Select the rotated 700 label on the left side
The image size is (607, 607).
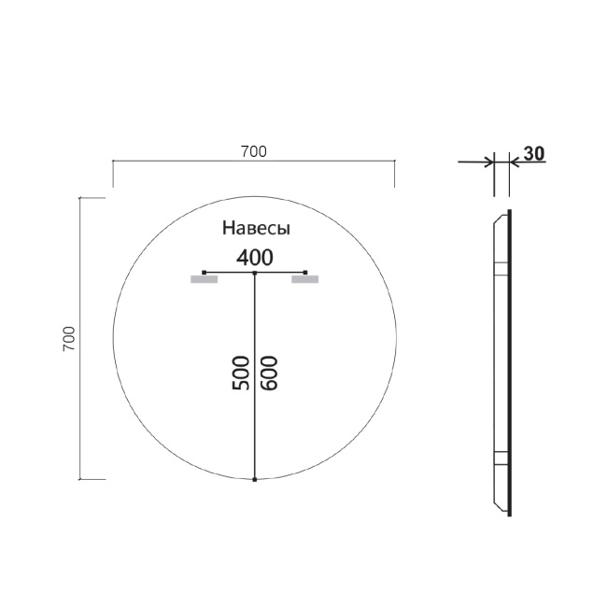click(x=68, y=339)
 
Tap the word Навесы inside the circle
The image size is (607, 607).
click(x=256, y=228)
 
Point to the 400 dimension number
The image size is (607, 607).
click(x=254, y=257)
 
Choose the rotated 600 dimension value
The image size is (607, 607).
click(x=270, y=374)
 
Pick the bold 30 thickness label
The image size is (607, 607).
click(x=534, y=154)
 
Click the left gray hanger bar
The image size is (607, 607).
click(x=204, y=278)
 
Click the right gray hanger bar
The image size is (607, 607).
click(x=304, y=278)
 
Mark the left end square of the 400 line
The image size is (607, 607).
click(x=205, y=273)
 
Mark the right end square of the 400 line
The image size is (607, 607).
click(x=305, y=273)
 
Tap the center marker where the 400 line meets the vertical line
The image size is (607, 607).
click(x=255, y=273)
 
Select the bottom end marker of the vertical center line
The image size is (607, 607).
click(x=255, y=478)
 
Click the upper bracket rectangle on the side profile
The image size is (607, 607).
click(x=501, y=270)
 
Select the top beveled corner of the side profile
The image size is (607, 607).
click(x=501, y=216)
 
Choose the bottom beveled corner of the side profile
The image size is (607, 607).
click(x=501, y=510)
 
